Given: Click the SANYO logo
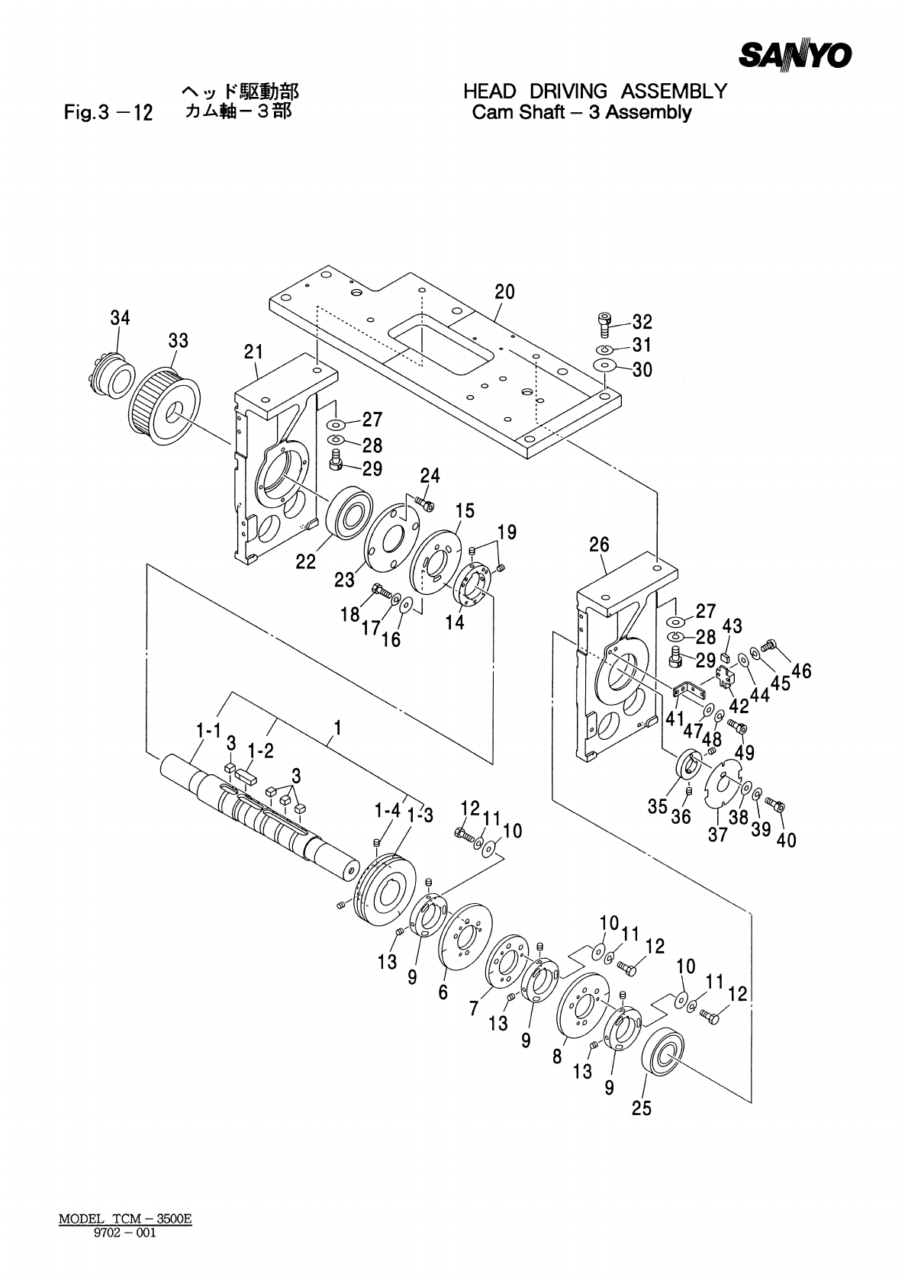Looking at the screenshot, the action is pos(794,56).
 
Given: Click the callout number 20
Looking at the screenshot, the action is pos(504,292).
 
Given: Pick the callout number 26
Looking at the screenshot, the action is pos(599,544).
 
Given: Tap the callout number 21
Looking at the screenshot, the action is pos(253,352).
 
